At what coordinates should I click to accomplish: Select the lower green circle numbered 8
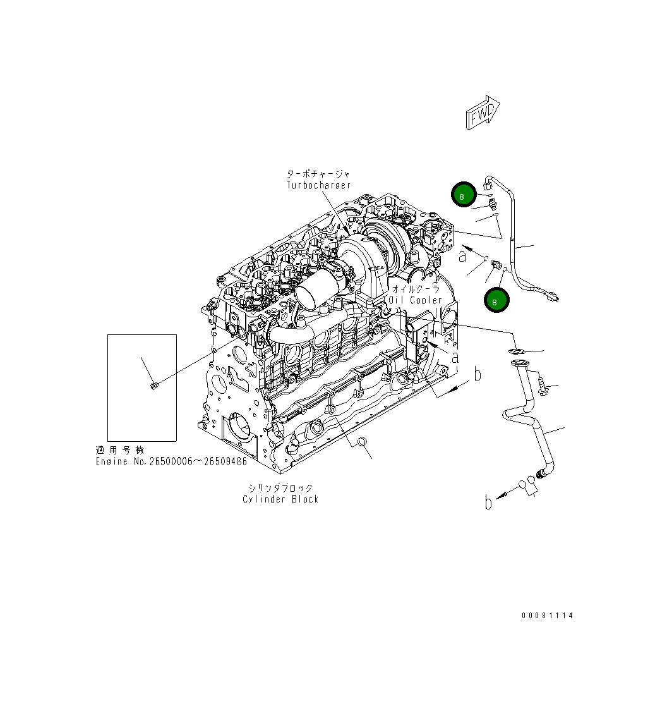click(496, 301)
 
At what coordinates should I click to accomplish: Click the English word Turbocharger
click(318, 185)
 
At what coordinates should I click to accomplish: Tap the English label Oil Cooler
click(416, 300)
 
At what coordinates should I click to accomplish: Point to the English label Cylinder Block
click(280, 499)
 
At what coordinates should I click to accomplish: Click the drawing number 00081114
click(547, 615)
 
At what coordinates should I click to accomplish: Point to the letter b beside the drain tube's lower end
click(488, 503)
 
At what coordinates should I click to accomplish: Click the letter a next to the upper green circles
click(463, 255)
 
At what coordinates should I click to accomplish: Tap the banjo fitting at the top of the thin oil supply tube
click(488, 183)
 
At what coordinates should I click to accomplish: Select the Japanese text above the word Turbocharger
click(318, 174)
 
